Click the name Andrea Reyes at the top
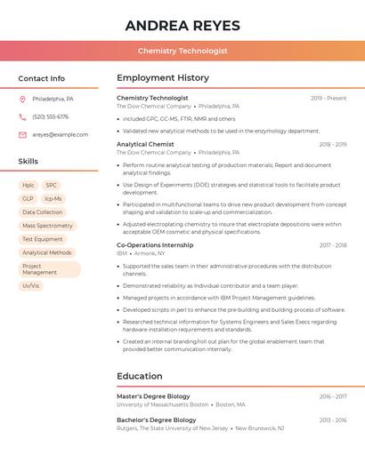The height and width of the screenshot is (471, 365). [x=182, y=25]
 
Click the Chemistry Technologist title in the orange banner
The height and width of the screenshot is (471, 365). [x=182, y=52]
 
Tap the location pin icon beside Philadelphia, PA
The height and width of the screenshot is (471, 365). [x=22, y=99]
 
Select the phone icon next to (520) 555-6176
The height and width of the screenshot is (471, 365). [x=22, y=116]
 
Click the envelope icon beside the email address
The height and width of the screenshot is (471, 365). [x=22, y=134]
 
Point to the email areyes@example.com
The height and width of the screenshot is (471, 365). [x=61, y=134]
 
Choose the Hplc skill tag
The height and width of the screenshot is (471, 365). [x=28, y=186]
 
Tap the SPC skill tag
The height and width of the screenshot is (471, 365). [x=52, y=186]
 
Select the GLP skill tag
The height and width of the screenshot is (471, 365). [x=28, y=199]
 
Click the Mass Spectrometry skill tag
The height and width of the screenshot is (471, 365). [x=47, y=226]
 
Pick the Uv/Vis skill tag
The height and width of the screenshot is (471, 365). [x=31, y=285]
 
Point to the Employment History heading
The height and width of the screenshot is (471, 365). [x=163, y=78]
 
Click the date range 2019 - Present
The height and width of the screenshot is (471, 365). [x=328, y=98]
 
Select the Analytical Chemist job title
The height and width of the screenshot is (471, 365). [x=145, y=144]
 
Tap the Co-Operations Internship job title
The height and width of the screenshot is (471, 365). [x=155, y=244]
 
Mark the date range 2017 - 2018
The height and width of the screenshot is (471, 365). [x=333, y=244]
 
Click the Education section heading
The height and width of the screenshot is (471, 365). [x=140, y=376]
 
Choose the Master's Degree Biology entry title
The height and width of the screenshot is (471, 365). [x=153, y=396]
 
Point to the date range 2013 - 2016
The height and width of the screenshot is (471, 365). [x=333, y=419]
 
